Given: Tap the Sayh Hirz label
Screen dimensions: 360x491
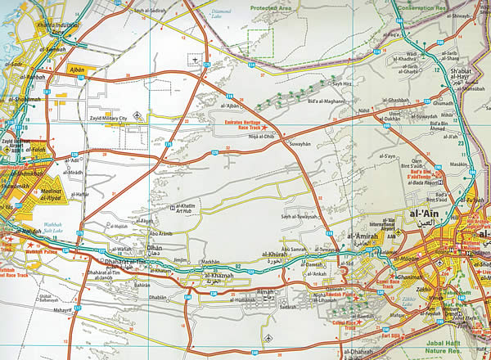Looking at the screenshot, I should tap(340, 83).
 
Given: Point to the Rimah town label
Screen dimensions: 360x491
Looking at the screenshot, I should tap(265, 292).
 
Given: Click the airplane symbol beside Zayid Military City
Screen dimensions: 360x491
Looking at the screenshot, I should tap(137, 115).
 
